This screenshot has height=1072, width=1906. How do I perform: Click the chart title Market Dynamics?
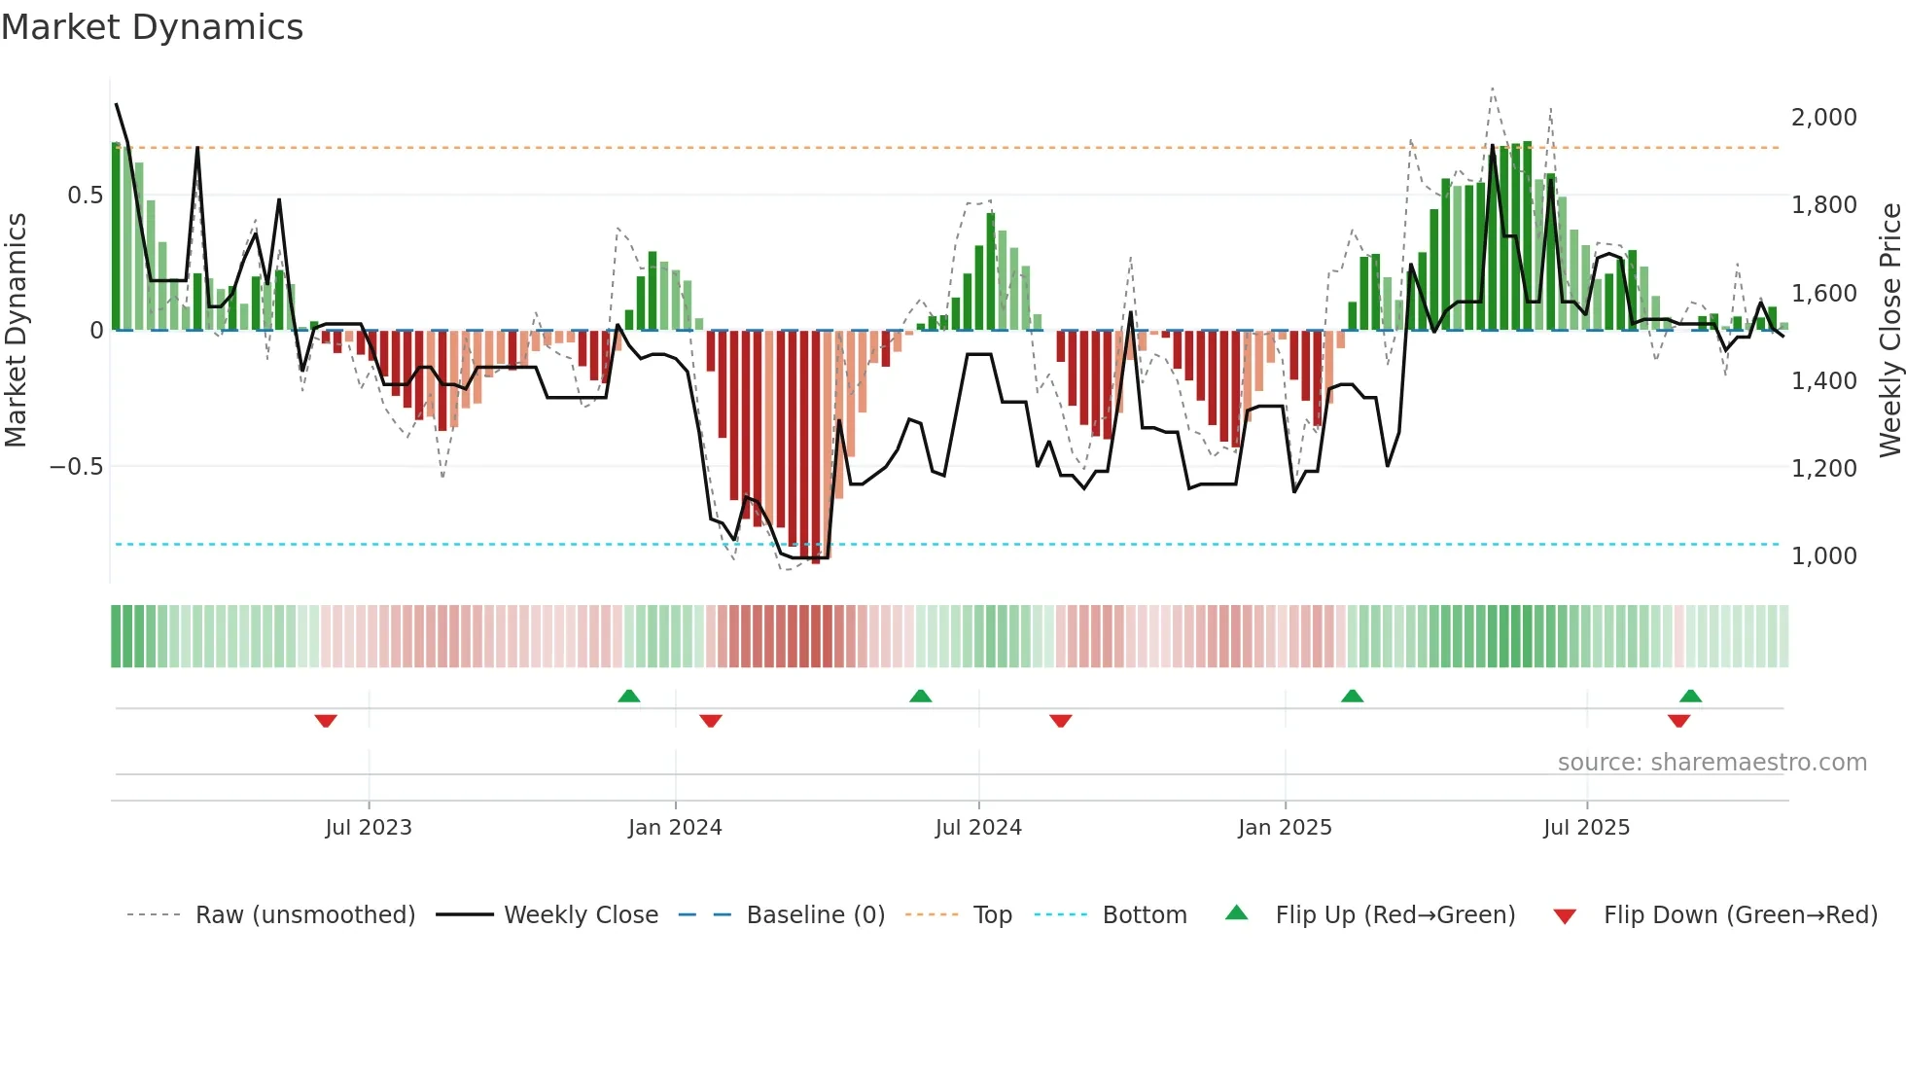[x=153, y=27]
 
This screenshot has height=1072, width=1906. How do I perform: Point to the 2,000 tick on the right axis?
[x=1823, y=117]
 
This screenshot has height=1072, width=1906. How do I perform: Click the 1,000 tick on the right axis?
[x=1823, y=555]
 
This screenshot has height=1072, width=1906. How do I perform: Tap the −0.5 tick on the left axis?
[x=76, y=467]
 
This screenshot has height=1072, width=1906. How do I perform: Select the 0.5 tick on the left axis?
[x=85, y=196]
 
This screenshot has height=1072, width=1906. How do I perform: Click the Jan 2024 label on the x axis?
[x=675, y=828]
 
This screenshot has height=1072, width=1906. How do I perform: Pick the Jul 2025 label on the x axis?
[x=1586, y=828]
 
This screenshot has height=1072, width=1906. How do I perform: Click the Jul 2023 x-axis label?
[x=369, y=828]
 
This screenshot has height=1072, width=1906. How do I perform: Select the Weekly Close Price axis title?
[x=1889, y=329]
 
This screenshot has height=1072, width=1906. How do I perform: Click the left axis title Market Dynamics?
[x=16, y=329]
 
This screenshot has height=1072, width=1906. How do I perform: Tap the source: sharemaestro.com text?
[x=1712, y=763]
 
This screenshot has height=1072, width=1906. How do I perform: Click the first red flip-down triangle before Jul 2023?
[x=326, y=721]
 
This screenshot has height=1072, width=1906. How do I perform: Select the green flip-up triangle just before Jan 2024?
[x=629, y=696]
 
